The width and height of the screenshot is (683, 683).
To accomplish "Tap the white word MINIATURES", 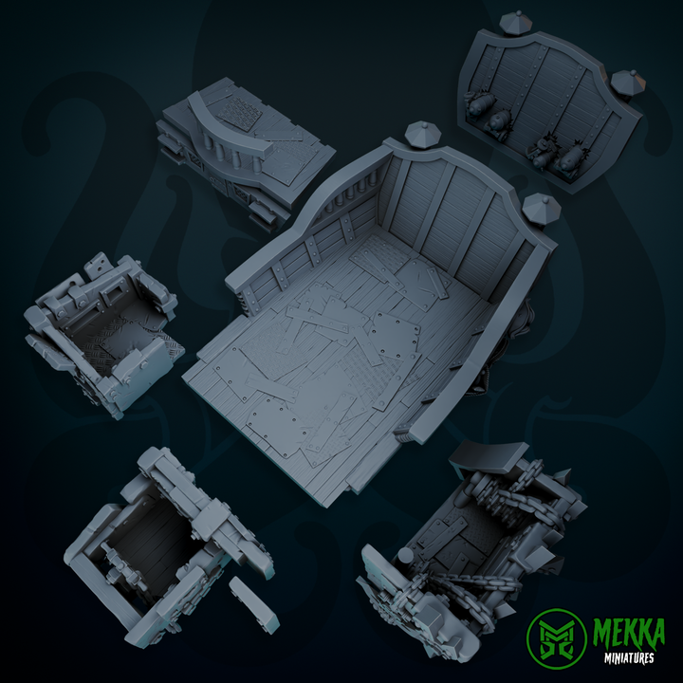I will pos(631,655).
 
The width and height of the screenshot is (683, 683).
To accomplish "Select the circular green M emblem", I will pos(557,638).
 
